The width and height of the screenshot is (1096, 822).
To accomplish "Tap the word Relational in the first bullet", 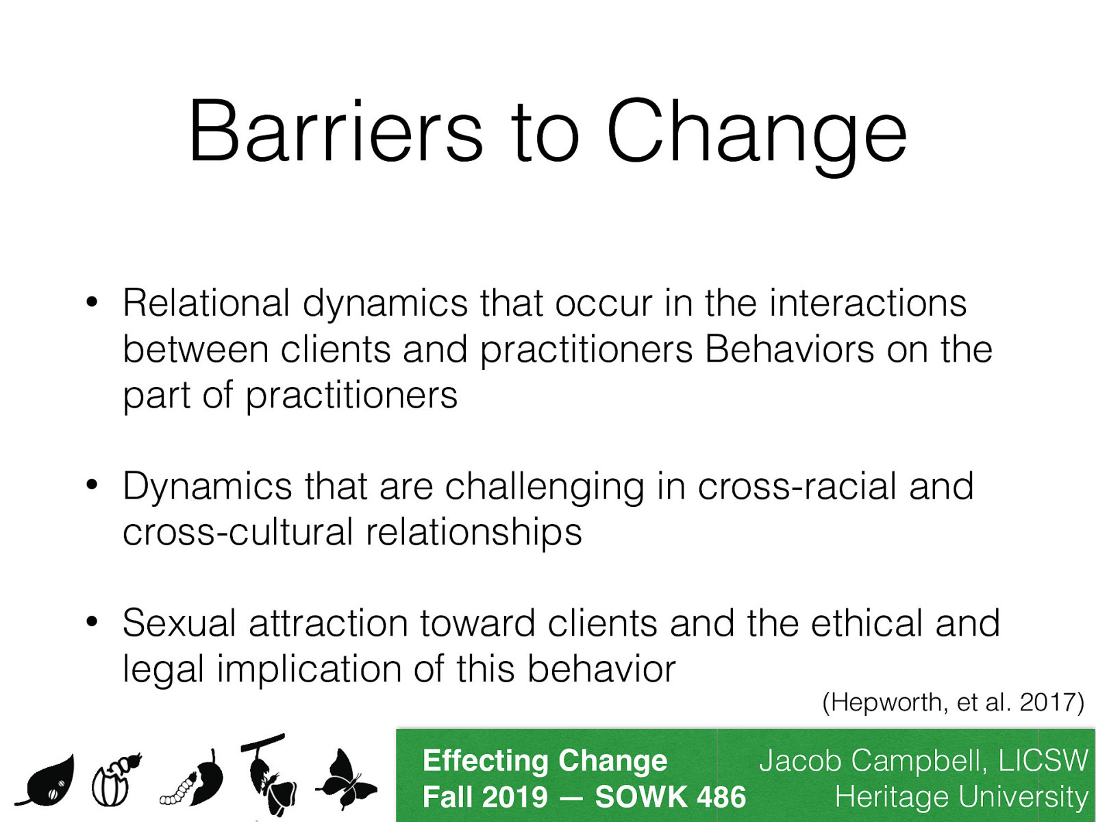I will [206, 303].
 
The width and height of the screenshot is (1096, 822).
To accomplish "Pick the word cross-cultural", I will [237, 532].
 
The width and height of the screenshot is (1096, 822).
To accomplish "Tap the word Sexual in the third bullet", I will [179, 623].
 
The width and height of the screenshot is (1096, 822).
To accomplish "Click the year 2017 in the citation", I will [1047, 702].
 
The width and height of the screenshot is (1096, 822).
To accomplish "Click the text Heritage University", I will [960, 797].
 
